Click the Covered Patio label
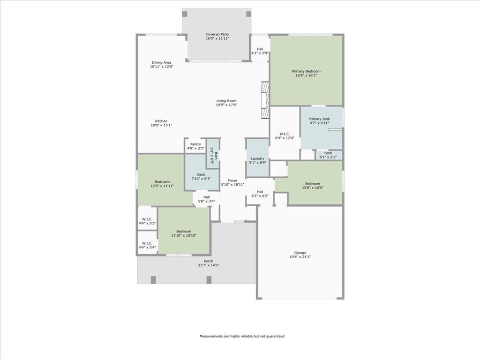pyautogui.click(x=217, y=34)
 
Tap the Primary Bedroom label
pyautogui.click(x=306, y=71)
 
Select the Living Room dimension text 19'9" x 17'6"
pyautogui.click(x=226, y=105)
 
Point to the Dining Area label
pyautogui.click(x=162, y=62)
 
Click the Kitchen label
pyautogui.click(x=161, y=121)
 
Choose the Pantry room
pyautogui.click(x=195, y=146)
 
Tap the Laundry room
pyautogui.click(x=258, y=158)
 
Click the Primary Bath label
pyautogui.click(x=319, y=119)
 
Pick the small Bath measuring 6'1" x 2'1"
pyautogui.click(x=329, y=155)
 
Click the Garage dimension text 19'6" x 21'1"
pyautogui.click(x=300, y=257)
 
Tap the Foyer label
pyautogui.click(x=232, y=180)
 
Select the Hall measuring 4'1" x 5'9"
pyautogui.click(x=260, y=49)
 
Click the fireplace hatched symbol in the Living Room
pyautogui.click(x=265, y=100)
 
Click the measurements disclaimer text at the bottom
pyautogui.click(x=242, y=336)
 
